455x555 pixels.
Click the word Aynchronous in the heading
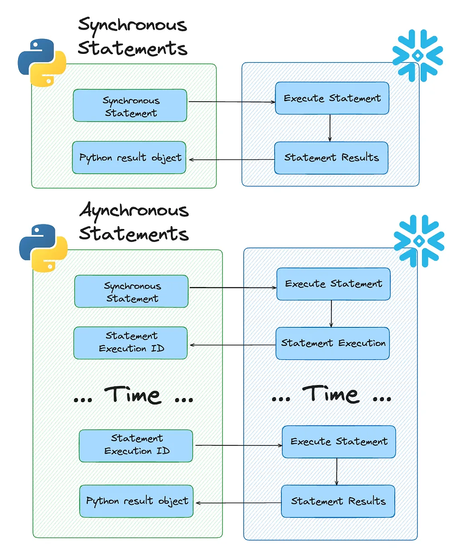pos(134,211)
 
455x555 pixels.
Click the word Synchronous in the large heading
pos(132,24)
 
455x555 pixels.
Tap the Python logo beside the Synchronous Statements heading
pos(42,63)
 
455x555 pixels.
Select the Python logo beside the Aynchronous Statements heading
pos(43,248)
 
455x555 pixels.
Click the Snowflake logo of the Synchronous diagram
pos(417,55)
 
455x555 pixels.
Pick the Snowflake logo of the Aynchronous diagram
pos(419,240)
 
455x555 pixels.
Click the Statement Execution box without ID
pos(332,343)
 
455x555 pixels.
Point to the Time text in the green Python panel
pos(133,395)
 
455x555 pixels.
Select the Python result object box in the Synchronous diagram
pos(130,158)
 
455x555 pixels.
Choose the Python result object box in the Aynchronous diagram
pos(136,501)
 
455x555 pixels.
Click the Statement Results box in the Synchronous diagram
pos(331,158)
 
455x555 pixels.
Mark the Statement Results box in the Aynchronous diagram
pos(338,501)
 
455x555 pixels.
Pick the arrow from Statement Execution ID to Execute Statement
pos(237,445)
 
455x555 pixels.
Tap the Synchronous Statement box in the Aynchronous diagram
pos(131,292)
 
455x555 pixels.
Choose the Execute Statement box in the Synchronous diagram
pos(332,98)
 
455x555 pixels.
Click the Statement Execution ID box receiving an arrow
pos(130,343)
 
